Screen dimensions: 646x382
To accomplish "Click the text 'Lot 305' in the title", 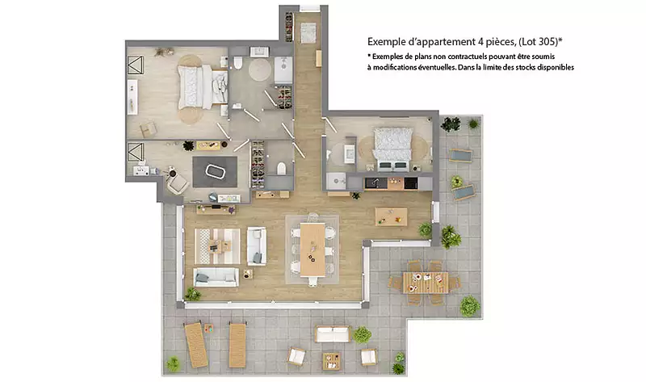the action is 538,42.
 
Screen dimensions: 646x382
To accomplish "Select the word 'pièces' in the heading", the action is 500,42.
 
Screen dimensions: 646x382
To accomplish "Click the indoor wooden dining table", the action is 313,250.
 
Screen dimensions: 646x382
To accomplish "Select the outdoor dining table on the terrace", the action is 426,283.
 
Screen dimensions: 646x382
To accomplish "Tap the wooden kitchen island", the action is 391,216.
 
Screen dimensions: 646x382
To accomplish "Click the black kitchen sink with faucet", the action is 375,183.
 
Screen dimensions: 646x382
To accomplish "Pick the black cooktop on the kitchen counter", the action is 411,183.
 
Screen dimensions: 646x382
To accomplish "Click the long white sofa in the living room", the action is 216,277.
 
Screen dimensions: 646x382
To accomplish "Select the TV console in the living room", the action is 216,209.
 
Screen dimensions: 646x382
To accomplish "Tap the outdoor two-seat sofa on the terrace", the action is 332,334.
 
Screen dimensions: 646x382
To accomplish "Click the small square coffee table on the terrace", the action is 331,361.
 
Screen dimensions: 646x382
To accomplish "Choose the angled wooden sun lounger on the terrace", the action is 196,345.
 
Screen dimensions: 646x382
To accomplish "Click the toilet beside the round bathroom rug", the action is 237,63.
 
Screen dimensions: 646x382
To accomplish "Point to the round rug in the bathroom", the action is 260,69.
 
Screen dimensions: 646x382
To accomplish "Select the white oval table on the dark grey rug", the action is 215,171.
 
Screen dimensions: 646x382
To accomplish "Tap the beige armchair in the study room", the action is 178,184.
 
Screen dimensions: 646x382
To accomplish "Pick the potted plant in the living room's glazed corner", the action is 192,294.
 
